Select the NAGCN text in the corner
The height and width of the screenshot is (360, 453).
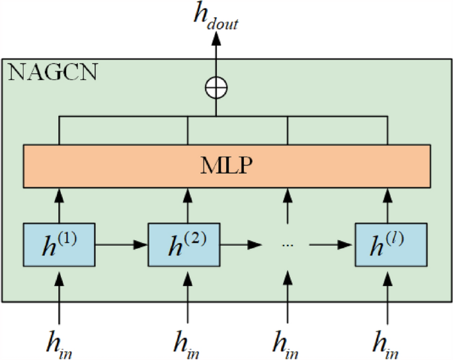52,71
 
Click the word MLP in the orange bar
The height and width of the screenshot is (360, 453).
227,165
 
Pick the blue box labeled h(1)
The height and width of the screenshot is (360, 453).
60,244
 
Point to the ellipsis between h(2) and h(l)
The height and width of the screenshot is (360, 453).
287,245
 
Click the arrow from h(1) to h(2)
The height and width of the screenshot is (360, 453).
122,244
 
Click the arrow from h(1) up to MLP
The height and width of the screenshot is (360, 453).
60,204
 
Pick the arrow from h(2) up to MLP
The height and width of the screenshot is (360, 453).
188,204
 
